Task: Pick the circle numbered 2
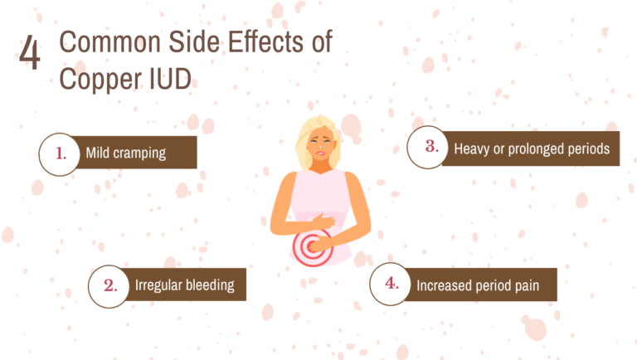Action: tap(109, 285)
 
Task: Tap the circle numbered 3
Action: tap(430, 148)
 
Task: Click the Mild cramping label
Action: tap(126, 153)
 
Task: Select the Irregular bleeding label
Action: tap(184, 285)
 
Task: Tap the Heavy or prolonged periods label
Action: tap(532, 149)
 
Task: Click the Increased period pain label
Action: tap(477, 285)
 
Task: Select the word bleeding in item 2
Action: tap(209, 285)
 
